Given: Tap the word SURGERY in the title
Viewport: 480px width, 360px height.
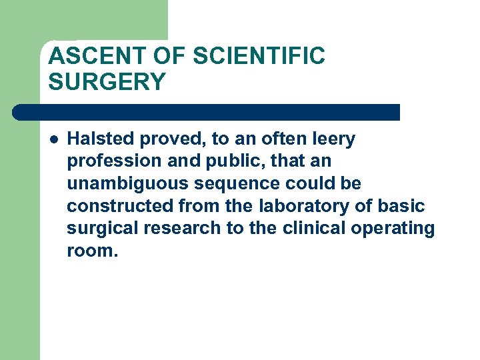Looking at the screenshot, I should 107,82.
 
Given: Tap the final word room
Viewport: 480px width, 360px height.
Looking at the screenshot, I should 92,251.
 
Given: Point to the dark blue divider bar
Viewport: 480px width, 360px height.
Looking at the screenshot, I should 207,112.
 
